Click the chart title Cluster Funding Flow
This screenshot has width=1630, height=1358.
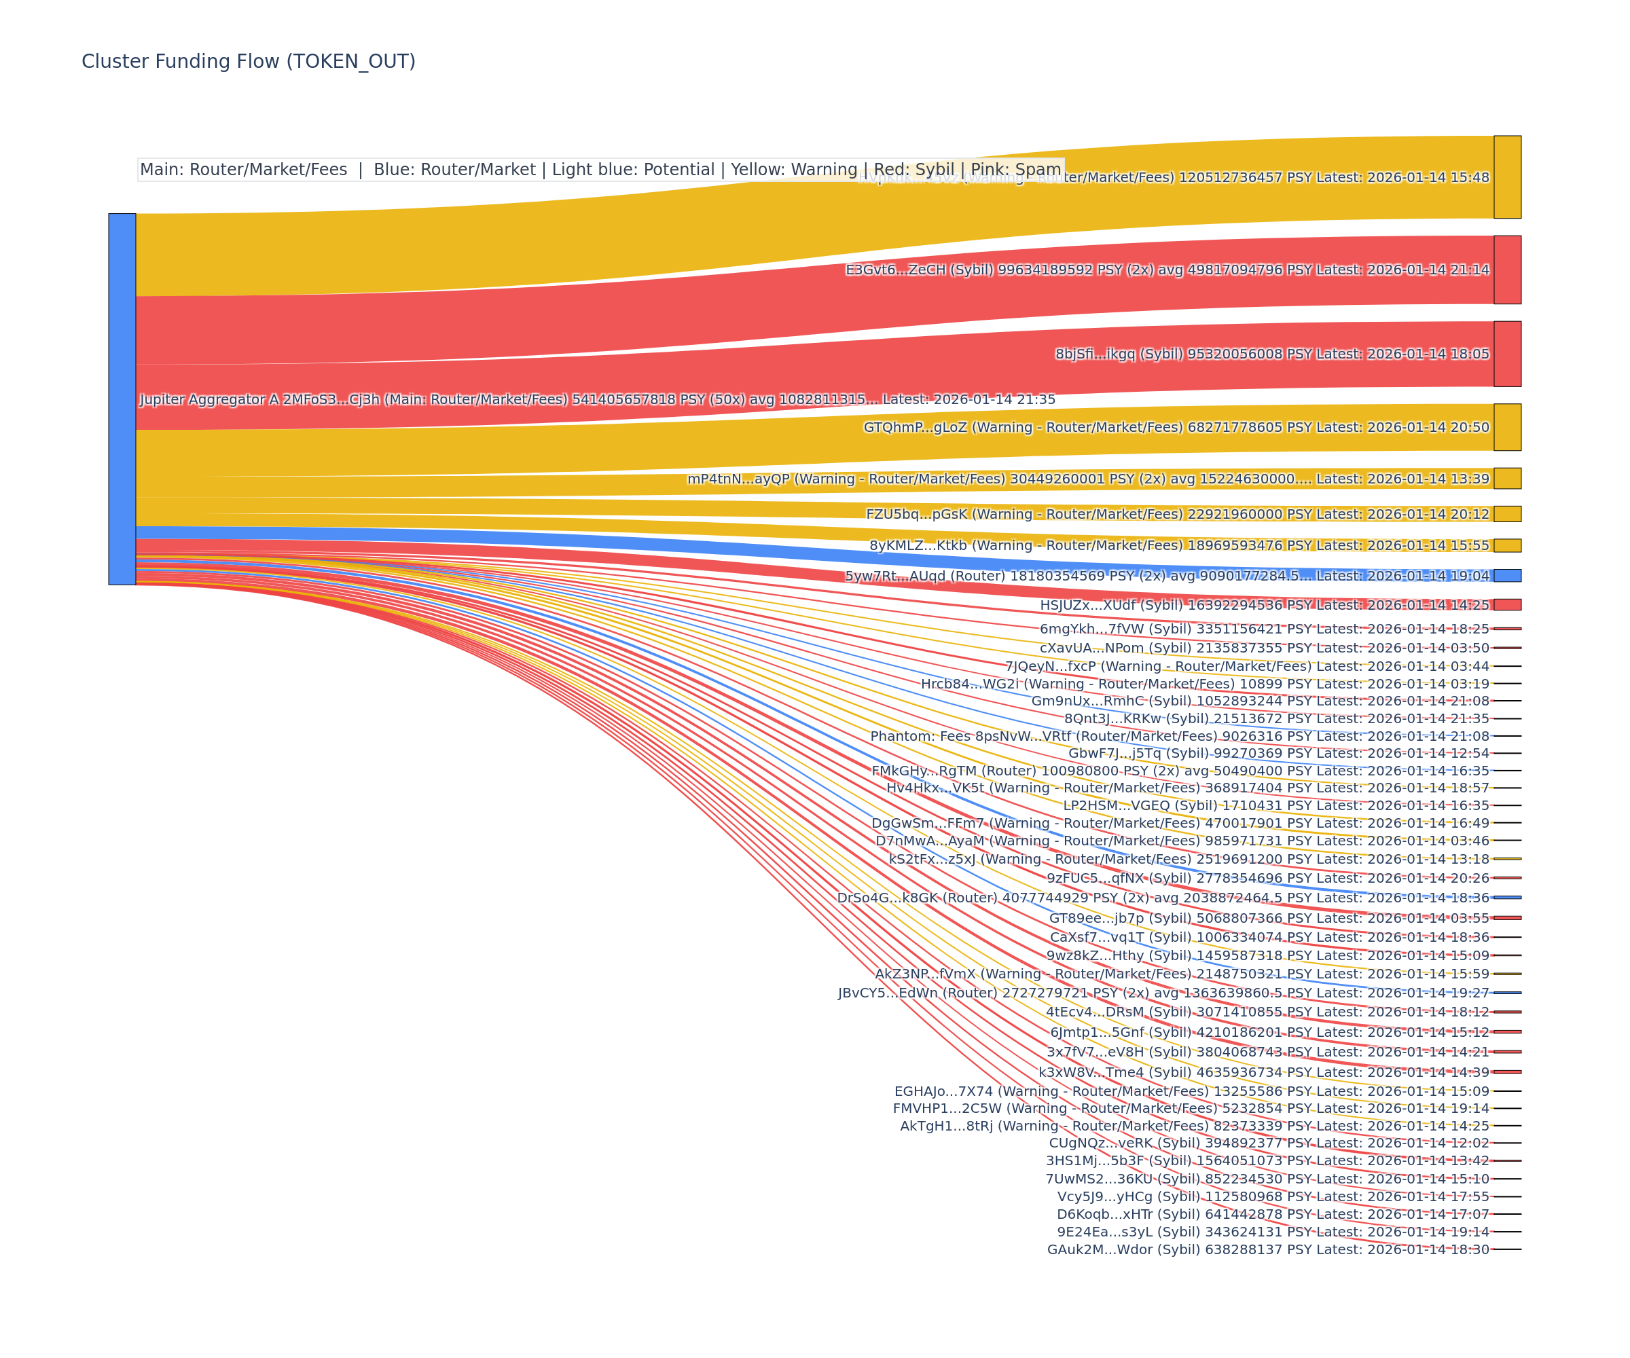249,61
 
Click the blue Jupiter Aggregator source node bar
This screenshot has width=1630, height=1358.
122,399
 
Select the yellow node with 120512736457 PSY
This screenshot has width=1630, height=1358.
1507,177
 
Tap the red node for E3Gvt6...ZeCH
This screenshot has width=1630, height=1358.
1507,270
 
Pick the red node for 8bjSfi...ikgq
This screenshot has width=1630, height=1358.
1507,354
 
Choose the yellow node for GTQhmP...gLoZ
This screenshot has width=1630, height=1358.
1507,427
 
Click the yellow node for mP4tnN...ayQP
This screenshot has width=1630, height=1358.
1507,478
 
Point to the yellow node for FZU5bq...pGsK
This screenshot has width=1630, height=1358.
1507,514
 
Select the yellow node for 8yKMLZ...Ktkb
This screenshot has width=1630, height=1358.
1507,545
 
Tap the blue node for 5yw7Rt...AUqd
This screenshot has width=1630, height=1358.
1507,575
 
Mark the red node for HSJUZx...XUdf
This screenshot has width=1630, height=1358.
1507,604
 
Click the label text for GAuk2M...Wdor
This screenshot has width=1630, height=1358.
1267,1249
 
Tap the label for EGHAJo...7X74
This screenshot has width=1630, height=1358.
1191,1091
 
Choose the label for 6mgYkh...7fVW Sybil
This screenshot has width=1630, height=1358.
1265,629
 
